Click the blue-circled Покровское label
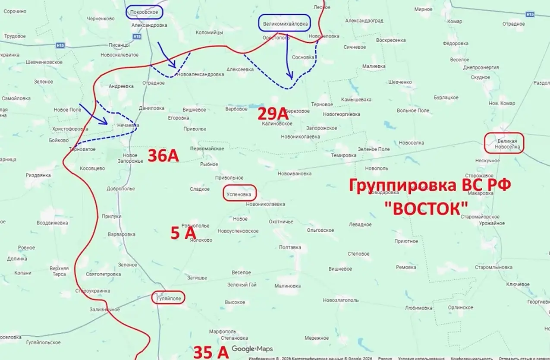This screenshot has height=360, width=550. (145, 13)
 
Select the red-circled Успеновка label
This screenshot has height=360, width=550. (239, 194)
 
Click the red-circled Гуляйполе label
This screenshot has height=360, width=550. (168, 298)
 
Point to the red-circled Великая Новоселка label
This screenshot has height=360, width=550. (504, 143)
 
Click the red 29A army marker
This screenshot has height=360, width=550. (272, 114)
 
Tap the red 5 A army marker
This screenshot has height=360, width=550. (183, 234)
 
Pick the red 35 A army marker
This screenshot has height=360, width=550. (211, 352)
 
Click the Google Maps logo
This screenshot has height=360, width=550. (252, 349)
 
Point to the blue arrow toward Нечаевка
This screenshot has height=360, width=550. (94, 114)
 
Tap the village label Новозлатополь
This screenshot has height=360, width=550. (340, 300)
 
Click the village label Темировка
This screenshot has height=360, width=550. (343, 155)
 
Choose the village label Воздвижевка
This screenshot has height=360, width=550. (52, 223)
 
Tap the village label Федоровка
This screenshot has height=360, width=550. (456, 44)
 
